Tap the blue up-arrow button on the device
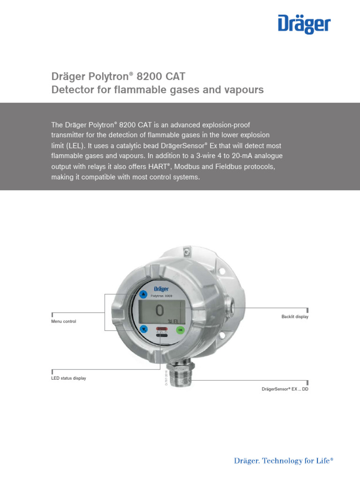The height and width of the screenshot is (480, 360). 143,294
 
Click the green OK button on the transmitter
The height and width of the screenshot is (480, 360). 180,330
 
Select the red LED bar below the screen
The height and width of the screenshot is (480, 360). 162,329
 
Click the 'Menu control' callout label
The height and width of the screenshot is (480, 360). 63,322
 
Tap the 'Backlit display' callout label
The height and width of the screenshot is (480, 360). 295,317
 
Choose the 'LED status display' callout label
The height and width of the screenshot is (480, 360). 68,378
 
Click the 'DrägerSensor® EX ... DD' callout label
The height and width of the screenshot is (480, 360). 285,390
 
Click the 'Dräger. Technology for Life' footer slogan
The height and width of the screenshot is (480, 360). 284,461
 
